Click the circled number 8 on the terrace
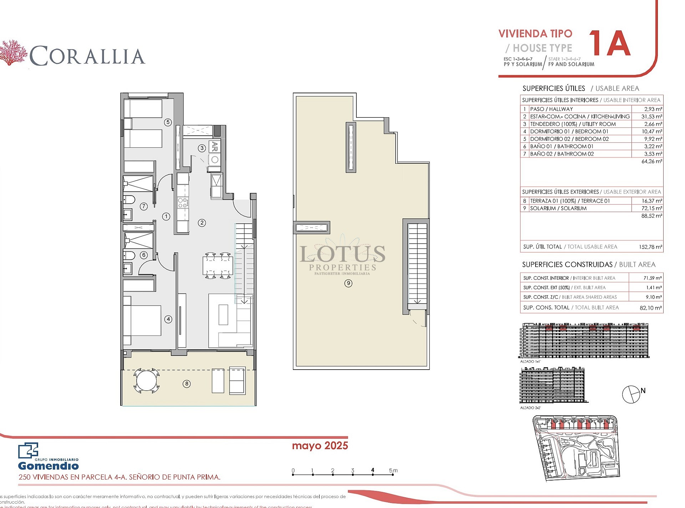coord(187,384)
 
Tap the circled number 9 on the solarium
coord(348,283)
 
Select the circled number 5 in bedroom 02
coord(168,122)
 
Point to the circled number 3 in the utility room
coord(202,148)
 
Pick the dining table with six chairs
coord(218,265)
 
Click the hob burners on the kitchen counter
coord(183,203)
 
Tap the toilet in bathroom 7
coord(129,199)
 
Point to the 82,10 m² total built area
coord(650,308)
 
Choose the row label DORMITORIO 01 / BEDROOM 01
coord(569,132)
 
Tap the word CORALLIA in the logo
coord(87,56)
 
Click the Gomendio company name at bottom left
coord(48,466)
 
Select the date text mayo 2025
coord(320,446)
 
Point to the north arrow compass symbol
coord(631,395)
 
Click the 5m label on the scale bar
coord(393,471)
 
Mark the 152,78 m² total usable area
coord(650,247)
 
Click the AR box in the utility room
coord(214,146)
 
